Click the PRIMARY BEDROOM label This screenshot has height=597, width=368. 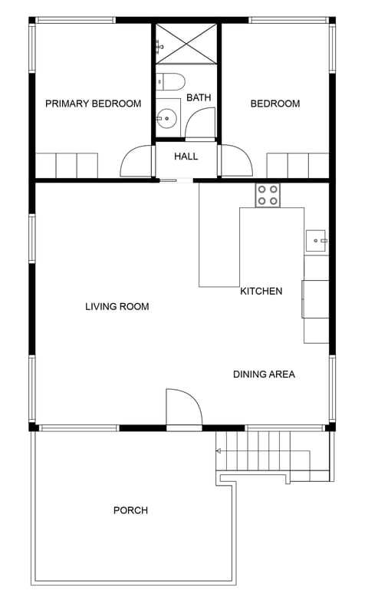point(93,104)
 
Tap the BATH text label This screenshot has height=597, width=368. point(199,97)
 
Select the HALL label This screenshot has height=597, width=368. point(186,157)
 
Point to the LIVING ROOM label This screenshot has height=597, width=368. point(117,306)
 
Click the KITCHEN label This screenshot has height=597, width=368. point(261,291)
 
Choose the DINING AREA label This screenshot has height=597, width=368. point(264,374)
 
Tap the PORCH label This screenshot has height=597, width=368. point(130,510)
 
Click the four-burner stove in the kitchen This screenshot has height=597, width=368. point(268,195)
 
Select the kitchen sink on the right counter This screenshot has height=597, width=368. point(316,240)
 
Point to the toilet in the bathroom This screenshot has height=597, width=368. point(169,81)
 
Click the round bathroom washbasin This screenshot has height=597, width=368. point(166,117)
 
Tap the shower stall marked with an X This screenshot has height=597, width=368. point(187,43)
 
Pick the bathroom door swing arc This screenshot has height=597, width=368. point(202,123)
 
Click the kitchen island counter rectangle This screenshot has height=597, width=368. point(219,246)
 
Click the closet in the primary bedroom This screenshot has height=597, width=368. point(67,165)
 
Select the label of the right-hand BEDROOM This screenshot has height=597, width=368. point(275,104)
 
